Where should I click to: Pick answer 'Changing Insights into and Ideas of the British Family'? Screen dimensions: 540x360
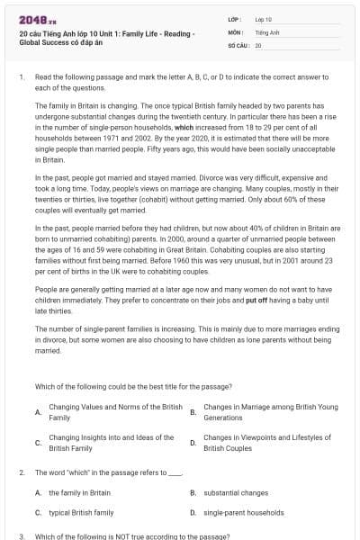click(x=111, y=442)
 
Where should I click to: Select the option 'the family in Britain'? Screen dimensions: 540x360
click(x=79, y=492)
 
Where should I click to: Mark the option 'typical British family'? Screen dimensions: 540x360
click(x=81, y=512)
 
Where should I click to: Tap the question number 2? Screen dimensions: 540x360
click(x=21, y=472)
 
